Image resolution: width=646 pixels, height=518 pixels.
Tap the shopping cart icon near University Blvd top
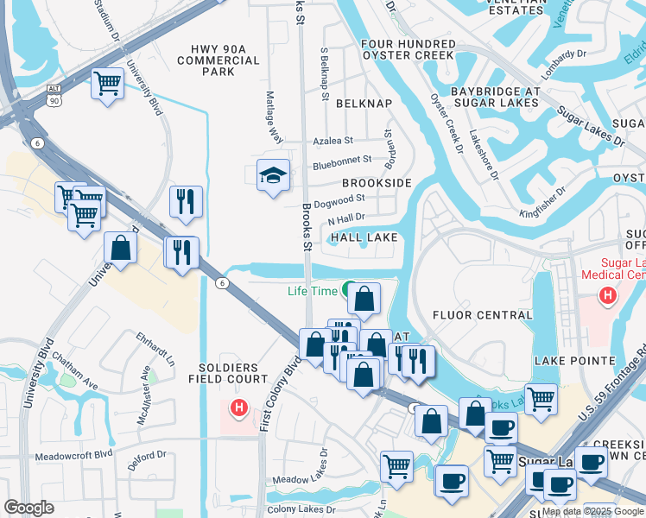pos(108,84)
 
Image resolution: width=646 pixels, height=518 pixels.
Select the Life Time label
pos(312,291)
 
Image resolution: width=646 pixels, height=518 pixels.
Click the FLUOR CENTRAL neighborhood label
pos(482,315)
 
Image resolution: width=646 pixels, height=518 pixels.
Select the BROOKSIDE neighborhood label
pos(377,184)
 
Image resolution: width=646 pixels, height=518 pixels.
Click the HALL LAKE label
pos(364,237)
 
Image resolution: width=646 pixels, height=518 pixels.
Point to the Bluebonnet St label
pos(341,160)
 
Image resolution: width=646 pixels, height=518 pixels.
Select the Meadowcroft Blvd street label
pos(73,454)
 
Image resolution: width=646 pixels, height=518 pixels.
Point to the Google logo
pos(28,507)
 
